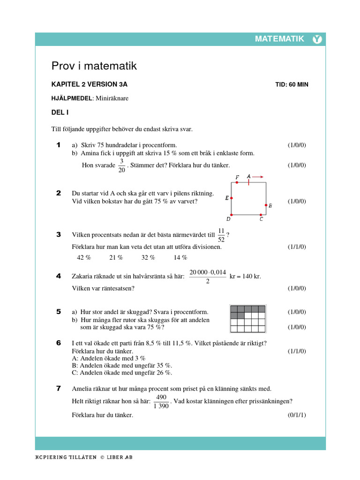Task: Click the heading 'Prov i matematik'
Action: pyautogui.click(x=94, y=66)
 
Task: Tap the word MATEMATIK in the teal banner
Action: pyautogui.click(x=279, y=39)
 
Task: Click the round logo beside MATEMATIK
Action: pyautogui.click(x=317, y=39)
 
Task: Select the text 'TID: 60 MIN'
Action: pyautogui.click(x=292, y=85)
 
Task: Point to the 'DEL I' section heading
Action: pyautogui.click(x=60, y=112)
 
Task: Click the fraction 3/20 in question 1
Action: pyautogui.click(x=121, y=165)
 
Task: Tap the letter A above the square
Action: pyautogui.click(x=248, y=176)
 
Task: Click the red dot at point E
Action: pyautogui.click(x=232, y=198)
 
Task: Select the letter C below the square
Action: pyautogui.click(x=261, y=219)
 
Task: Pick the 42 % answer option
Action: pyautogui.click(x=84, y=257)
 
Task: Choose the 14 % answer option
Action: pyautogui.click(x=180, y=257)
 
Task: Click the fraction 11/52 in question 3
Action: pyautogui.click(x=221, y=235)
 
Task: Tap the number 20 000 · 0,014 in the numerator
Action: pyautogui.click(x=208, y=272)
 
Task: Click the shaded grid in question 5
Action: pyautogui.click(x=247, y=318)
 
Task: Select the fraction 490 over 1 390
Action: pyautogui.click(x=161, y=401)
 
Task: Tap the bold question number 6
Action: pyautogui.click(x=59, y=343)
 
